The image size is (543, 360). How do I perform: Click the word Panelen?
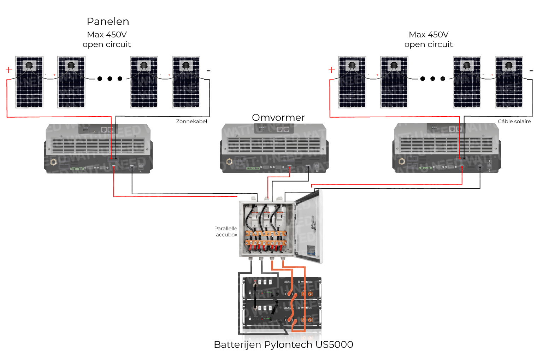coord(108,22)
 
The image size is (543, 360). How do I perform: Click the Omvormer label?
coord(278,118)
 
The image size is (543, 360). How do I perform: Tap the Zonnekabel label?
coord(191,122)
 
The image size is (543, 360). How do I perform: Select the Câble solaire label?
coord(514,122)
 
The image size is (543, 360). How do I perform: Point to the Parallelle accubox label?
coord(226,231)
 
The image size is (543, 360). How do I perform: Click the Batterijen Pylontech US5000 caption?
coord(283,344)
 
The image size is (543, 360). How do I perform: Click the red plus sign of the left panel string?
coord(9,70)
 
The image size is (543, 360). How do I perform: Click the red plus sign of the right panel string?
coord(331,70)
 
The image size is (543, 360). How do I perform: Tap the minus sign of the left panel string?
coord(208,71)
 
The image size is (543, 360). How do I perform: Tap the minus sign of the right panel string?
coord(531,71)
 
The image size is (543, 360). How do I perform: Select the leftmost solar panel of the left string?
coord(29,82)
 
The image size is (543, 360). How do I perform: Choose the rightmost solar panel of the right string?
coord(509,82)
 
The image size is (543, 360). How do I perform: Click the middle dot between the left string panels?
coord(110,78)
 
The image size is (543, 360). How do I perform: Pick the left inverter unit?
coord(98,149)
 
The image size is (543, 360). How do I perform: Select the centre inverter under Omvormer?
coord(274,148)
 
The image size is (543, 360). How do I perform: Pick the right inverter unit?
coord(447,148)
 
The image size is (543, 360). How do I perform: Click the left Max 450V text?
coord(107,35)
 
